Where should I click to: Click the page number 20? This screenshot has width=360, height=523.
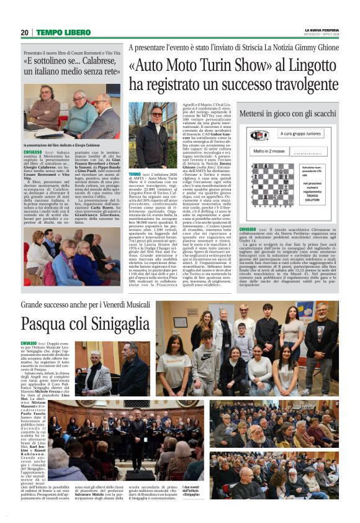[24, 32]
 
